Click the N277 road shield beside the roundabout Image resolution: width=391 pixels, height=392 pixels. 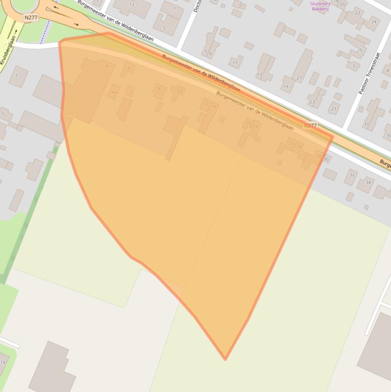tap(31, 17)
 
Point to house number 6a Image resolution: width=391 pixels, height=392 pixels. tap(114, 92)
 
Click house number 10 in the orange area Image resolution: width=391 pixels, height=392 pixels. tap(179, 92)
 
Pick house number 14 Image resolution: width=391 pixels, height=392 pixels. tap(214, 107)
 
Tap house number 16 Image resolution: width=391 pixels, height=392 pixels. tap(249, 123)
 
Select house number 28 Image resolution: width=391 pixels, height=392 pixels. tap(319, 155)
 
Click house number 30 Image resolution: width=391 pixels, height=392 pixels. tap(326, 159)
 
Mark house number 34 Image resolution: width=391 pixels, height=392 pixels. tap(368, 182)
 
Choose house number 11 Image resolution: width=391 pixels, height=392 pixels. tap(234, 63)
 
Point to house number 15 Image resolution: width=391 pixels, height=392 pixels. tap(259, 75)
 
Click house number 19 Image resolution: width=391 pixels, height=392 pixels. tap(285, 87)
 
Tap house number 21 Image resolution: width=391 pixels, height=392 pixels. tap(298, 78)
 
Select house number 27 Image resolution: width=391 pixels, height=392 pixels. tap(334, 109)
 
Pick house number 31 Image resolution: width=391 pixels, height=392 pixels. tap(366, 124)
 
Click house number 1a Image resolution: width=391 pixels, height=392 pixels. tap(3, 362)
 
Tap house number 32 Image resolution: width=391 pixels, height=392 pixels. tap(352, 175)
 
